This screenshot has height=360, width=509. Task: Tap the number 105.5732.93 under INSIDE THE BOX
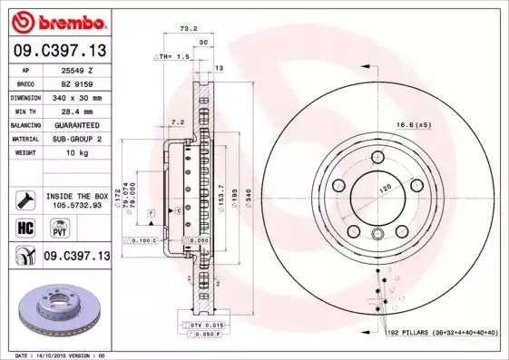(76, 206)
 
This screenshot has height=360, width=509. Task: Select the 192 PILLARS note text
(439, 333)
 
